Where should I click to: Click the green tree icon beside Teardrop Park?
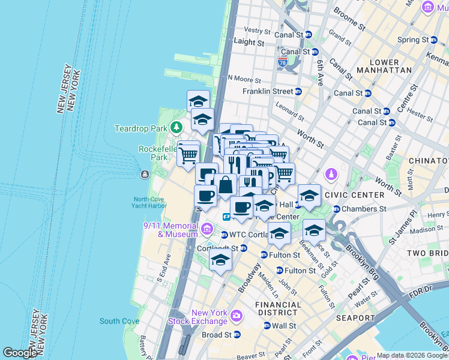176,128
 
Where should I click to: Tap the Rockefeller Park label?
154,153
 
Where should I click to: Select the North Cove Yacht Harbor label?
150,203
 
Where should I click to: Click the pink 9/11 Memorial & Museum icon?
207,229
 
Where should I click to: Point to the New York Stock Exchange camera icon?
236,316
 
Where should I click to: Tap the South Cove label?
119,321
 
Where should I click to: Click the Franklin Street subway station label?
268,91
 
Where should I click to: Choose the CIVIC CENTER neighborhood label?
354,195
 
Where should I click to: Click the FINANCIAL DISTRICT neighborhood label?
278,308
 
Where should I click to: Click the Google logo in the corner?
20,353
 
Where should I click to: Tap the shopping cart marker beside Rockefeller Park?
188,155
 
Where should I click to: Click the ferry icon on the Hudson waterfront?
145,175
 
